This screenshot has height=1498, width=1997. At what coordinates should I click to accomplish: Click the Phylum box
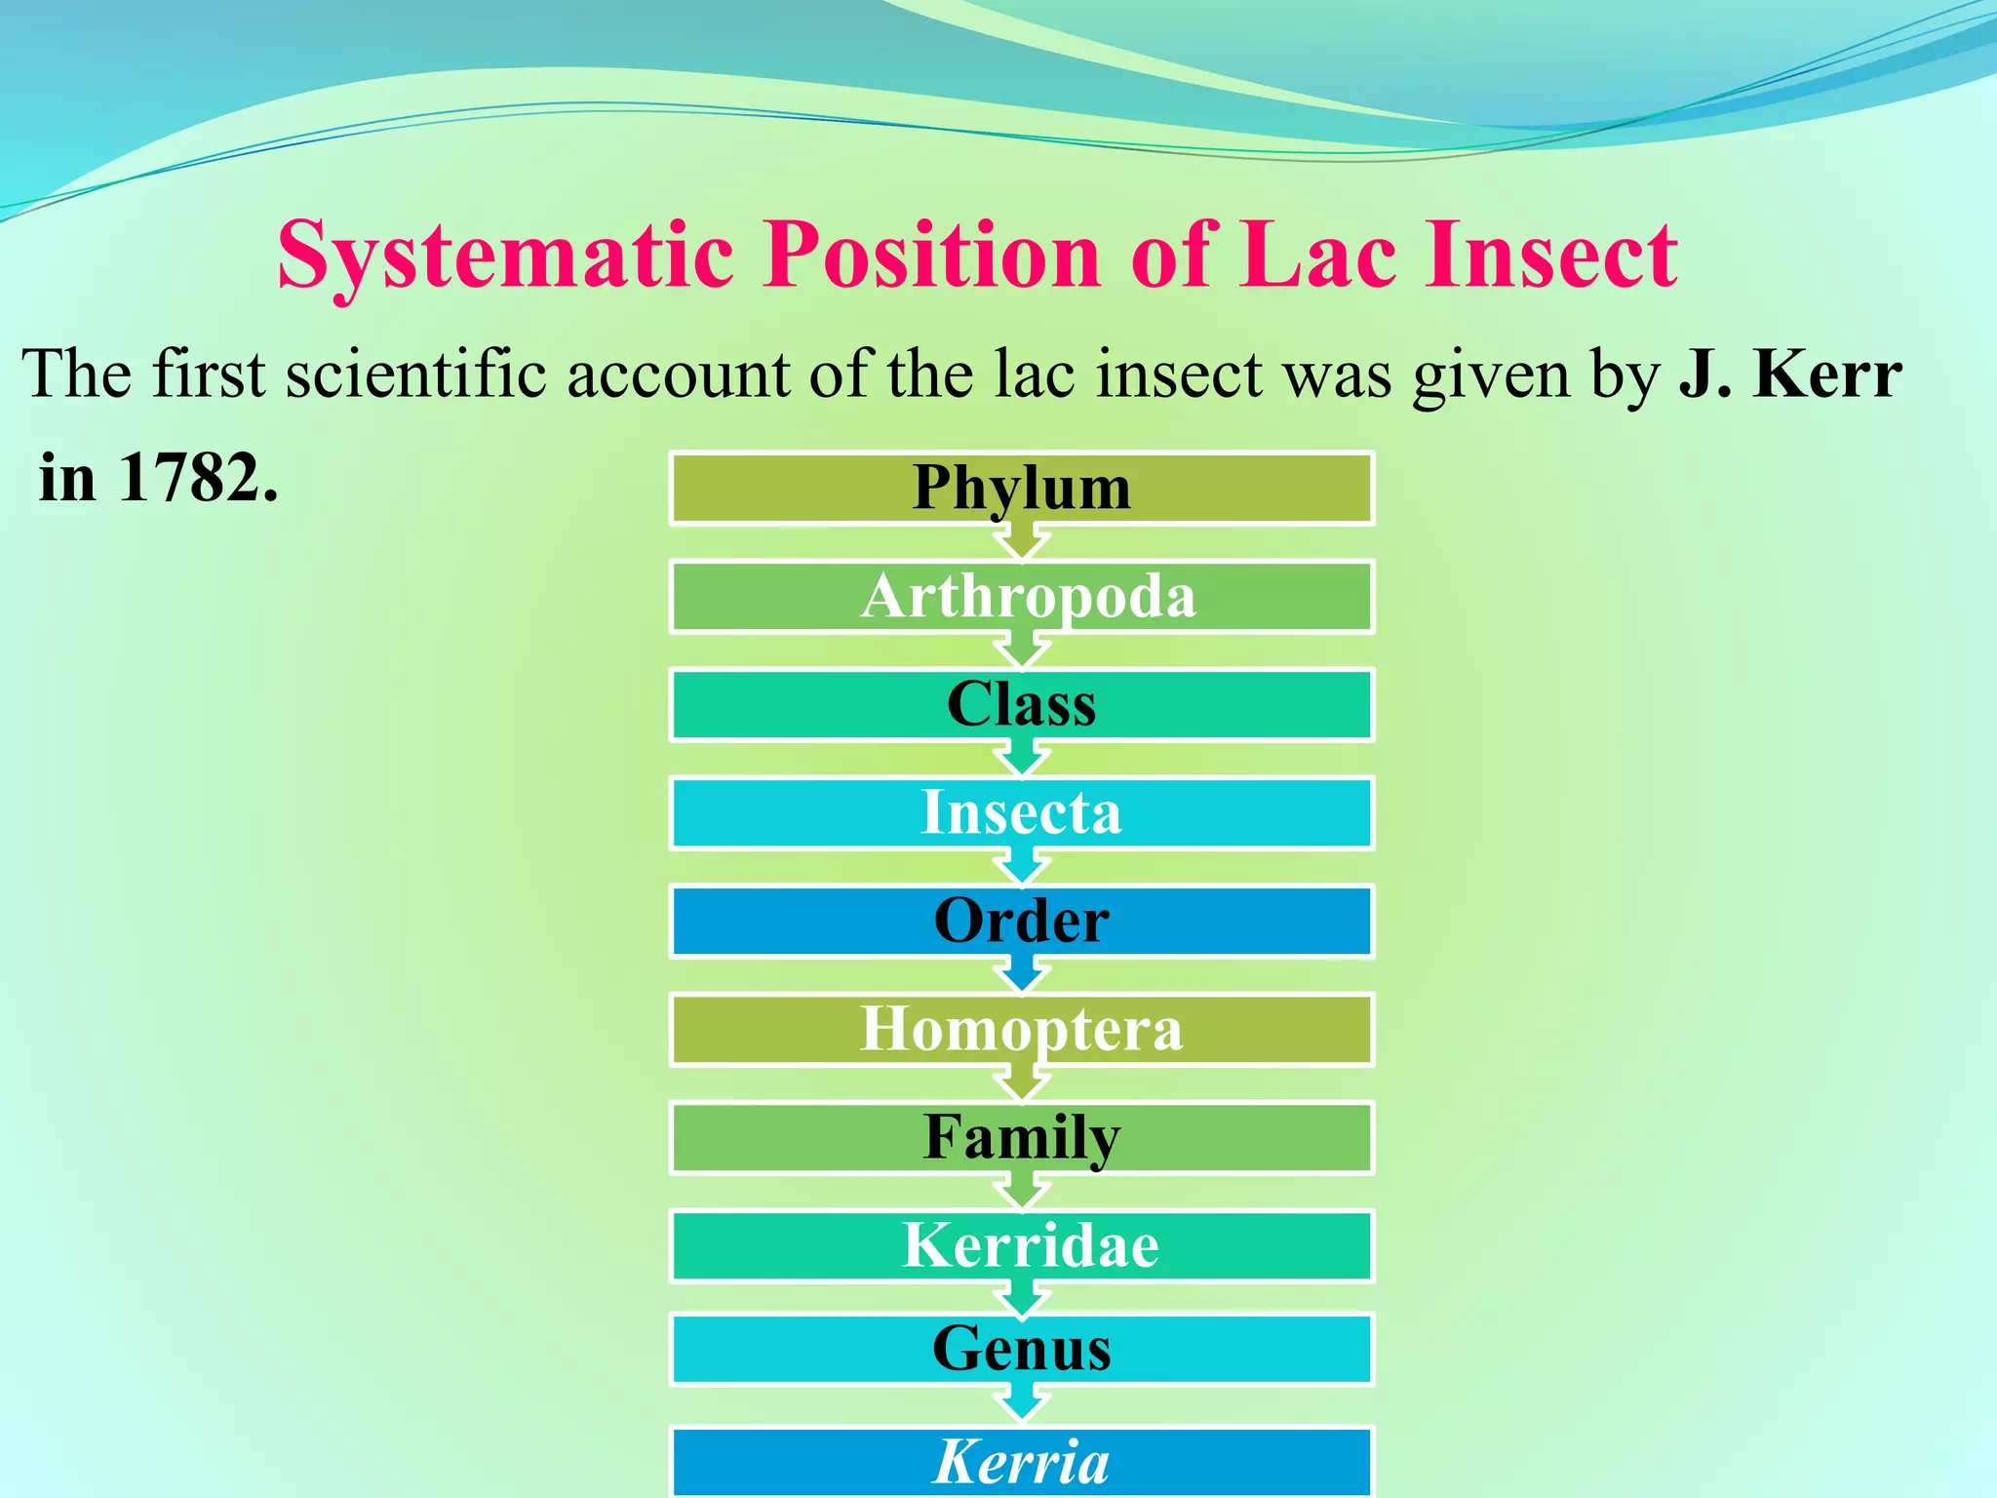coord(1021,489)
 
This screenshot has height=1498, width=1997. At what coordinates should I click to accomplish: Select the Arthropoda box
coord(1021,597)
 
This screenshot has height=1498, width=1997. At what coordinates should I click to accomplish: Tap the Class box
coord(1021,705)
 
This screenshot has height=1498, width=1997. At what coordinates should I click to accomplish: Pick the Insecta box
coord(1021,813)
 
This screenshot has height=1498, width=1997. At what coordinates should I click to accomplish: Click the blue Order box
coord(1021,922)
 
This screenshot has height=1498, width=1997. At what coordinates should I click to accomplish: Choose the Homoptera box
coord(1021,1030)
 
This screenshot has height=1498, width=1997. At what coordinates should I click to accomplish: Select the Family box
coord(1021,1138)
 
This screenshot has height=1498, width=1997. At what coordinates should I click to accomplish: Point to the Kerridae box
coord(1021,1246)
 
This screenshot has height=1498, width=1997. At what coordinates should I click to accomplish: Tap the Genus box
coord(1021,1350)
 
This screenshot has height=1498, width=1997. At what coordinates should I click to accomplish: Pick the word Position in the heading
coord(931,256)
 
